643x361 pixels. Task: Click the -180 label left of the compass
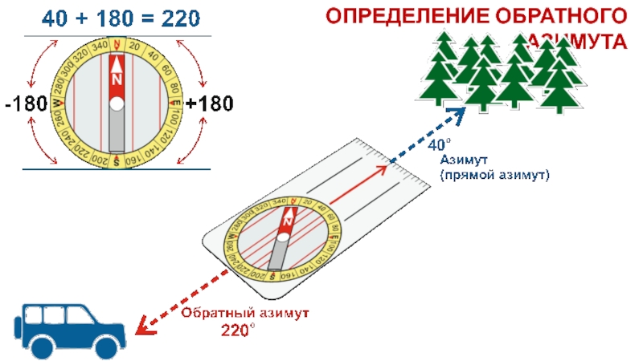tap(27, 104)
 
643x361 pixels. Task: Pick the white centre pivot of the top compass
tap(117, 103)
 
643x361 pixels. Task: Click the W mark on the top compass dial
tap(56, 103)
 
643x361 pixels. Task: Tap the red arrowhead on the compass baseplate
tap(383, 169)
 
